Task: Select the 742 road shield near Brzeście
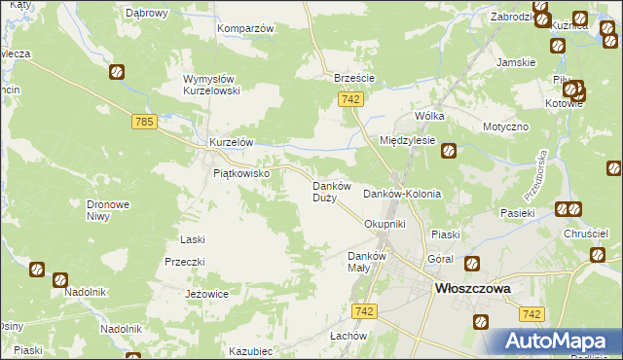point(352,99)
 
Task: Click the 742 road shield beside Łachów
point(365,310)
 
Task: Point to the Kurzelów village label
point(232,142)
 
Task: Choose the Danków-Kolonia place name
point(402,194)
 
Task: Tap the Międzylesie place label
point(407,140)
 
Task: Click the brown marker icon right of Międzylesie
point(449,150)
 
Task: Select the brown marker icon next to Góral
point(472,263)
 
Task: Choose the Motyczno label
point(505,127)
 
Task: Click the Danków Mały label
point(368,262)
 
